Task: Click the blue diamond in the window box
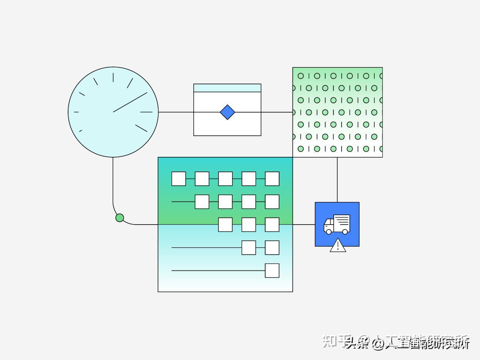click(227, 112)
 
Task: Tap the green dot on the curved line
click(120, 218)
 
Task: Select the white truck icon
click(337, 224)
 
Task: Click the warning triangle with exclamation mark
click(338, 246)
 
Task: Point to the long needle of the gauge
click(130, 102)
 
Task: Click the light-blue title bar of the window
click(227, 88)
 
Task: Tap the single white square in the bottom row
click(272, 270)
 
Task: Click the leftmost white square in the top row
click(179, 179)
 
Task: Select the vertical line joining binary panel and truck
click(337, 179)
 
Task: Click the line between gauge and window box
click(176, 112)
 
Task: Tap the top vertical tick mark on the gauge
click(113, 77)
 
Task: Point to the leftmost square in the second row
click(202, 202)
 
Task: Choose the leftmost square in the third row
click(225, 225)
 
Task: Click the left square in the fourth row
click(249, 248)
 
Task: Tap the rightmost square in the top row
click(272, 179)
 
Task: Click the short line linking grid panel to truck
click(304, 225)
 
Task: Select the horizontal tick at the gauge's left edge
click(76, 112)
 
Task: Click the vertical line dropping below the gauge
click(113, 181)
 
